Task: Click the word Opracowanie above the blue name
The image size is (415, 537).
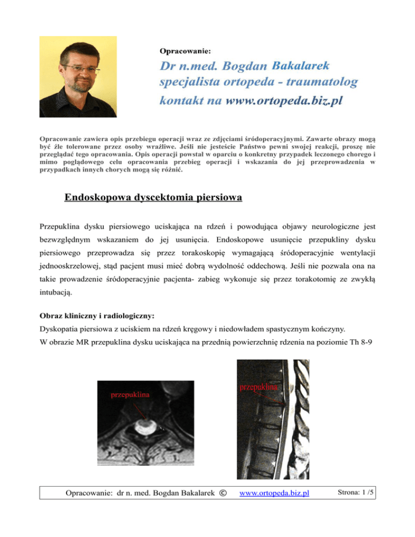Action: [x=185, y=51]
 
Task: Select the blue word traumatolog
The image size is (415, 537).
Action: [x=318, y=82]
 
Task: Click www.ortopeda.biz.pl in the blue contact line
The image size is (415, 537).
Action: [x=283, y=101]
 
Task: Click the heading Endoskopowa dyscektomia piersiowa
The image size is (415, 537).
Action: [x=153, y=198]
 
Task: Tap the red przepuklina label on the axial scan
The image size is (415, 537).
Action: [x=131, y=394]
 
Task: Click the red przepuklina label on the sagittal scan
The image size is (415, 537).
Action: [x=258, y=387]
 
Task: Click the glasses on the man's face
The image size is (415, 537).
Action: [x=81, y=70]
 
